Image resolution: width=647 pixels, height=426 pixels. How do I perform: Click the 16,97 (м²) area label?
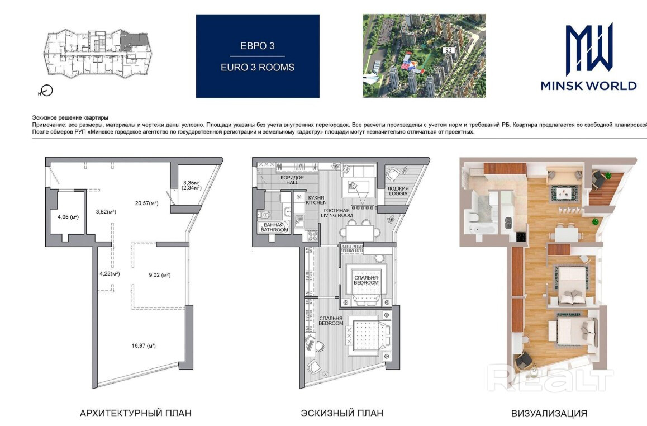pos(144,346)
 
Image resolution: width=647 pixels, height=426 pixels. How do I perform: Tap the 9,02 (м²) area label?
pos(160,275)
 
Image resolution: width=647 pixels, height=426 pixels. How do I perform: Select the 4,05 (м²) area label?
pos(68,217)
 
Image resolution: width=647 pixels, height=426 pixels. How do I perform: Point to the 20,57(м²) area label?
pos(147,203)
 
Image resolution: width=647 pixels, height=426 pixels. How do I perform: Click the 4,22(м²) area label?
pos(110,273)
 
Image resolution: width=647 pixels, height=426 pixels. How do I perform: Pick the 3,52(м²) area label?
pos(106,212)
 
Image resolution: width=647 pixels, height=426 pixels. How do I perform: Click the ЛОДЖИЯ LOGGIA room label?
pos(398,191)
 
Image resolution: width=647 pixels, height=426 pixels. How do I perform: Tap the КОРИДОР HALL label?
pos(292,179)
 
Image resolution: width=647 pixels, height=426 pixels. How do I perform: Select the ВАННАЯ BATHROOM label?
pos(274,228)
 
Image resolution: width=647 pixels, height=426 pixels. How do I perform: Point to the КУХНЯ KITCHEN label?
pos(316,200)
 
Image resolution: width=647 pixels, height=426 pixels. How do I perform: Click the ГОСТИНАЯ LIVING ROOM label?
pos(337,213)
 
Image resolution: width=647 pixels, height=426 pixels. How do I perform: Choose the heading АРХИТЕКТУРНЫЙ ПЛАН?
pos(135,413)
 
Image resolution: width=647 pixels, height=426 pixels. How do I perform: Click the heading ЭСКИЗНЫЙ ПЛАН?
pos(342,413)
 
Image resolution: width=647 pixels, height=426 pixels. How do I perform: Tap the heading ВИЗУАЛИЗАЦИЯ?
pos(549,413)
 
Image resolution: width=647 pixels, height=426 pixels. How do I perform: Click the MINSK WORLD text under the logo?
pos(589,86)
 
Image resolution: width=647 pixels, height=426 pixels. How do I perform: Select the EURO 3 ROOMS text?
pos(258,67)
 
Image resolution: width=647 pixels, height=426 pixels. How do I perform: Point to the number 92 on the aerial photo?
pos(448,50)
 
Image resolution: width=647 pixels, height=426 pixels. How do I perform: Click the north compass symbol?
pos(47,91)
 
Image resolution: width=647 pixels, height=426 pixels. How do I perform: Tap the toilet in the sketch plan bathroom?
pos(265,214)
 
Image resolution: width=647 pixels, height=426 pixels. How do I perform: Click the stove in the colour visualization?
pos(521,237)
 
